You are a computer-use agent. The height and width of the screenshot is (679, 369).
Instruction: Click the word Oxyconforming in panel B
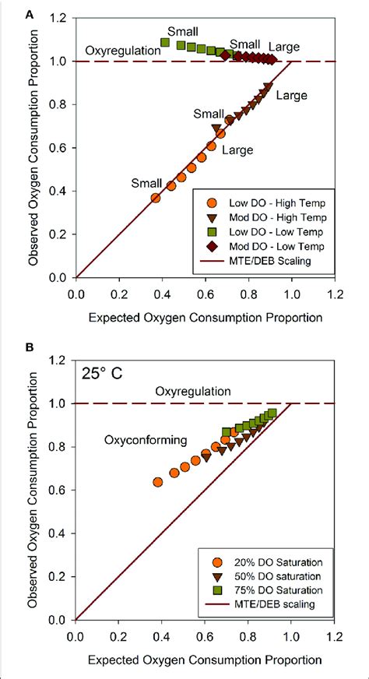[146, 440]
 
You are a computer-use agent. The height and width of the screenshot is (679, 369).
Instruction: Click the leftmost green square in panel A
[165, 42]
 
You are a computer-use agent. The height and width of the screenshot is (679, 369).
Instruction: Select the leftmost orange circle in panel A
[156, 198]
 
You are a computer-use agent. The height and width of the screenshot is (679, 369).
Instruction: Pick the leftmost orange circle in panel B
[158, 482]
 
